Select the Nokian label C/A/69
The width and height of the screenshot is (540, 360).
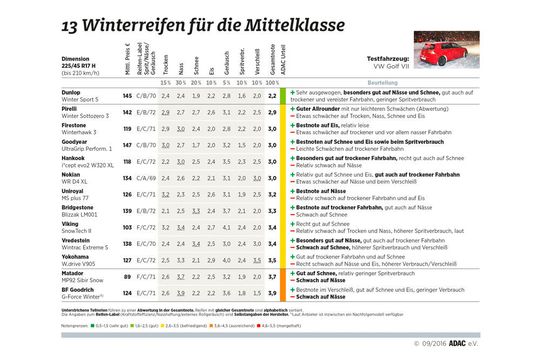(146, 177)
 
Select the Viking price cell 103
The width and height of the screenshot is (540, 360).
(127, 226)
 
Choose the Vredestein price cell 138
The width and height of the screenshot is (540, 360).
(127, 242)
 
